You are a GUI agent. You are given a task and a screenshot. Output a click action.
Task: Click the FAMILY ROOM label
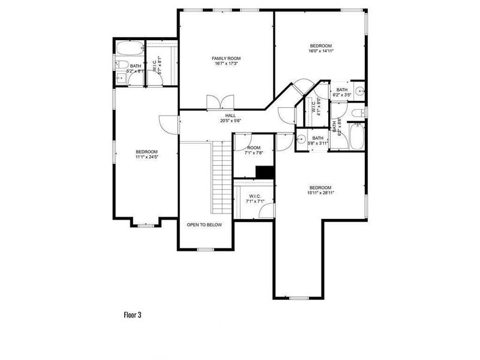coord(226,58)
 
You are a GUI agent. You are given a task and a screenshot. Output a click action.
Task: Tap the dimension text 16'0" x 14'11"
coord(320,52)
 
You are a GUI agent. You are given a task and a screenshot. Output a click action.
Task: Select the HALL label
coord(230,115)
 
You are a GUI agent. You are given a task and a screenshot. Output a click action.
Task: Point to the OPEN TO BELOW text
coord(204,225)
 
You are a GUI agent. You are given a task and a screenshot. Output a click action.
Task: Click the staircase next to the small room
coord(220,178)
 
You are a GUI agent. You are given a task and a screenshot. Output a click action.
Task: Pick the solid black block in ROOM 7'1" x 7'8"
coord(264,172)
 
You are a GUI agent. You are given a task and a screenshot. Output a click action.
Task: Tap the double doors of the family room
coord(217,103)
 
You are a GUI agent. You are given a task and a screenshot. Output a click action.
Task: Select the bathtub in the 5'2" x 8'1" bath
coord(128,49)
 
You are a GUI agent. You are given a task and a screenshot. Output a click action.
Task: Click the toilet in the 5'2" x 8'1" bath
coord(120,65)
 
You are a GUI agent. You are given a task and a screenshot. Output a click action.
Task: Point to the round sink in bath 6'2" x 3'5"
coord(358,92)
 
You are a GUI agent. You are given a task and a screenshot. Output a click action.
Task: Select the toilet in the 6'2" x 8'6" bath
coord(358,113)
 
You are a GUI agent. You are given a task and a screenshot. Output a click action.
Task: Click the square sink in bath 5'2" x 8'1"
coord(120,77)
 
